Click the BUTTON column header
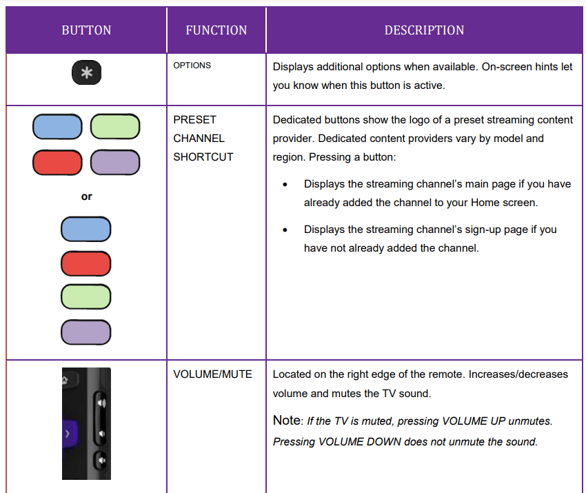tap(86, 30)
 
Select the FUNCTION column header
tap(216, 30)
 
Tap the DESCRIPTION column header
tap(424, 30)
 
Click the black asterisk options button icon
tap(86, 73)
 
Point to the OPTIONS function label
tap(192, 66)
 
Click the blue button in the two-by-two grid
tap(57, 127)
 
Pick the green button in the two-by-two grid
tap(115, 127)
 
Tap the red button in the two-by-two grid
tap(57, 163)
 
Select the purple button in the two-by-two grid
tap(115, 163)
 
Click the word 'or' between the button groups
tap(86, 197)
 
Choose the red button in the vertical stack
tap(86, 263)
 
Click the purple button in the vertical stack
tap(86, 332)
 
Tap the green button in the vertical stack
tap(86, 297)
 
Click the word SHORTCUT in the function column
tap(203, 157)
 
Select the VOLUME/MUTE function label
tap(212, 374)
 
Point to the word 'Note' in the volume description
tap(286, 421)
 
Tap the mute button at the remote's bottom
tap(101, 460)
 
